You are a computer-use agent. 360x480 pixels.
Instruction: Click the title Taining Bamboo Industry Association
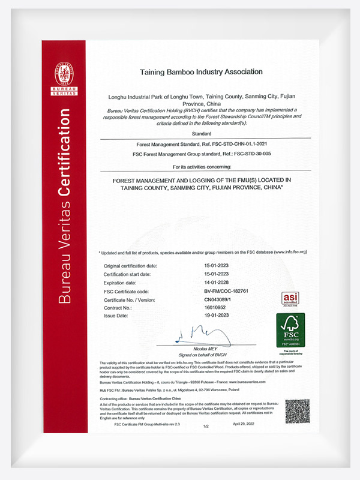pyautogui.click(x=201, y=71)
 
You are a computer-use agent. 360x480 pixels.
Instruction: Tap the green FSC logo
pyautogui.click(x=290, y=330)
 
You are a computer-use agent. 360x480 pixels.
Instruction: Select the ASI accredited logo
pyautogui.click(x=290, y=299)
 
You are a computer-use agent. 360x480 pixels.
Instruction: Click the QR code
pyautogui.click(x=297, y=411)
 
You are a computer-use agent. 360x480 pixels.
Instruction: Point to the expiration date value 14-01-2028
pyautogui.click(x=217, y=282)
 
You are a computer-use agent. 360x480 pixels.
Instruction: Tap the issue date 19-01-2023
pyautogui.click(x=217, y=315)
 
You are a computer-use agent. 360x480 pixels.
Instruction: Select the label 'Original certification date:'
pyautogui.click(x=131, y=265)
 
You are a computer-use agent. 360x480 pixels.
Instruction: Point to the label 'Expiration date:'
pyautogui.click(x=120, y=282)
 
